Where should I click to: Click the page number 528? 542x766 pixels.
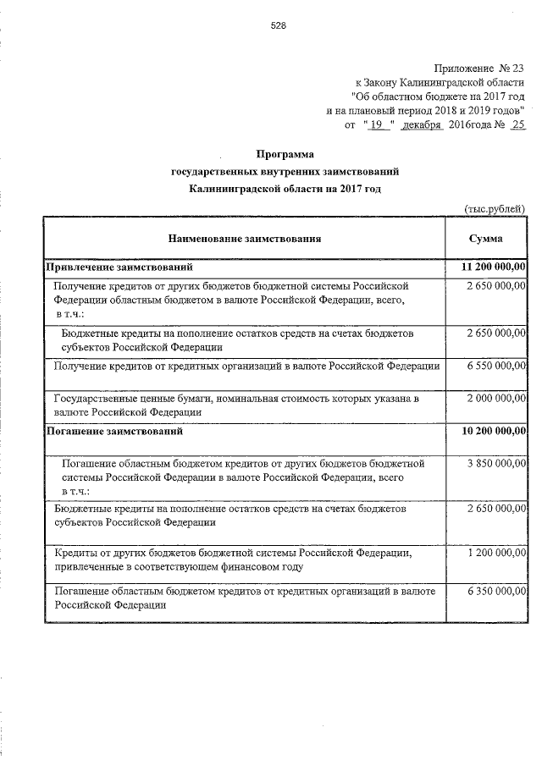pos(279,25)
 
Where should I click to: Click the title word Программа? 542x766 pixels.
pos(285,154)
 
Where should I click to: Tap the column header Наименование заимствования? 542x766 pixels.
pos(244,239)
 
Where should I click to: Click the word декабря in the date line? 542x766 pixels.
pos(423,124)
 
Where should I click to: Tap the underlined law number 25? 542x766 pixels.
pos(518,124)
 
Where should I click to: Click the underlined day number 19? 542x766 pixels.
pos(378,124)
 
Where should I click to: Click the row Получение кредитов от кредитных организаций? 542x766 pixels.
pos(246,366)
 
